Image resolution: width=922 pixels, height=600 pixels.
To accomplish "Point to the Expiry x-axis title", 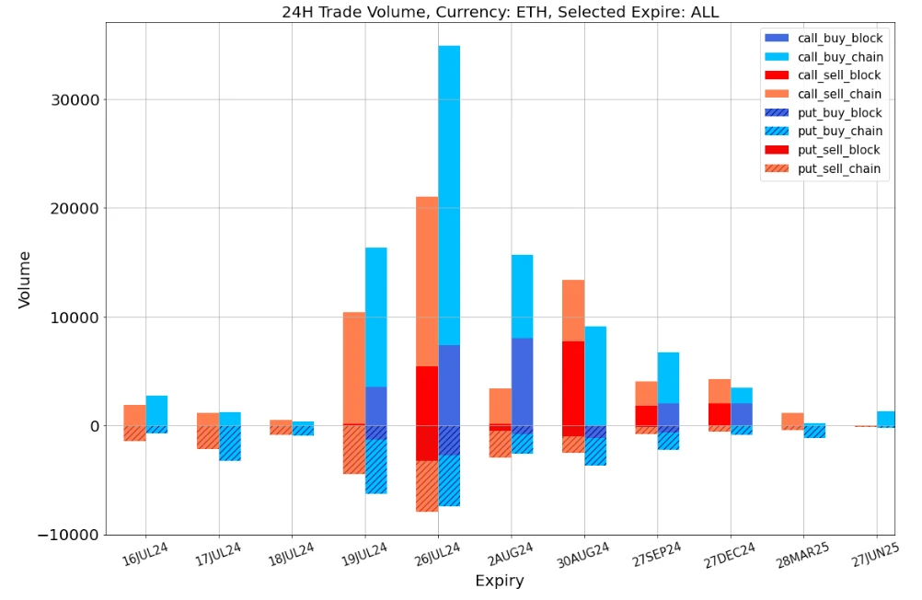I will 500,582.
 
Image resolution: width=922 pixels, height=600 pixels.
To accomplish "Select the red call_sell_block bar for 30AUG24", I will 573,383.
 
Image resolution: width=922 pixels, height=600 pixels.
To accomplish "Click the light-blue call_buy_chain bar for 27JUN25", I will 886,419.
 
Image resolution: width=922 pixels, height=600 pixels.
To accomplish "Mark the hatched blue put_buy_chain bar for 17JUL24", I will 230,443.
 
